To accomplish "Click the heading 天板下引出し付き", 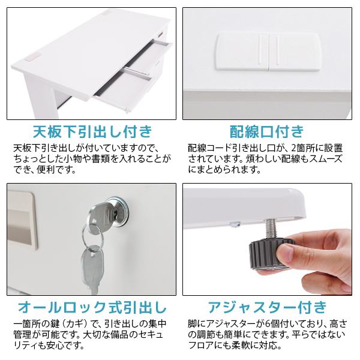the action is coord(92,131).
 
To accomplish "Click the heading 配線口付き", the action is coord(267,131).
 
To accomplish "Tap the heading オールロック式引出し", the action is coord(92,307).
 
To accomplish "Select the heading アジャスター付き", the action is coord(267,307).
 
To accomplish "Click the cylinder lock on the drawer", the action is coord(117,211).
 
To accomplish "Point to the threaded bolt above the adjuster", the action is coord(271,229).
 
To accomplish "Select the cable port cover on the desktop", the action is coord(268,52).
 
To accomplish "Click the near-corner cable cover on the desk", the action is coord(33,57).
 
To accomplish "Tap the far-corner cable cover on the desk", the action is coord(106,12).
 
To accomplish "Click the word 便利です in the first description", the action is coord(56,170).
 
